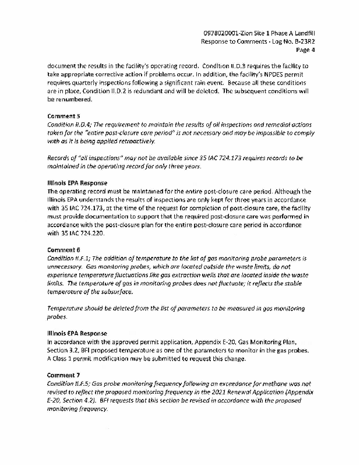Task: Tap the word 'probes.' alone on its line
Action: (57, 317)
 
